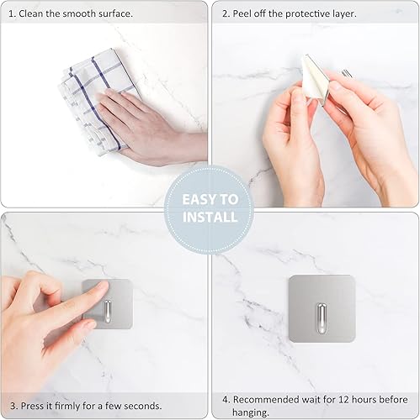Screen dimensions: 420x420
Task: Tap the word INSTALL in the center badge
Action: pyautogui.click(x=210, y=218)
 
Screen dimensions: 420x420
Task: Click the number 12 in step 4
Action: pyautogui.click(x=355, y=399)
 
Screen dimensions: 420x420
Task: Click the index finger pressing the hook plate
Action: pyautogui.click(x=84, y=298)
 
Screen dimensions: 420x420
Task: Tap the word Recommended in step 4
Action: pyautogui.click(x=268, y=399)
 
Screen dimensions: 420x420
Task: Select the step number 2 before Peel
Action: pyautogui.click(x=225, y=14)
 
